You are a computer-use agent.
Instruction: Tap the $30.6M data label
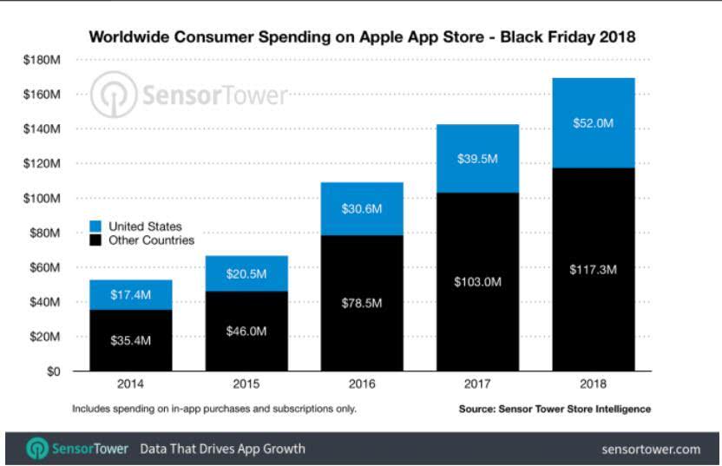(x=363, y=209)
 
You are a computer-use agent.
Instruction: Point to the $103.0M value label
(x=478, y=281)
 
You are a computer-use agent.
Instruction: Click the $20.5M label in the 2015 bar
(x=247, y=274)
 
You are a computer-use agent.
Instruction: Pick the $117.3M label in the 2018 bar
(x=594, y=269)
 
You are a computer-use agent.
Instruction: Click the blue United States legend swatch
(x=95, y=226)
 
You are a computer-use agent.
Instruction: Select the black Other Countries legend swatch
(x=95, y=240)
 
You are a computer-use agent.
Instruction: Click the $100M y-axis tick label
(x=42, y=199)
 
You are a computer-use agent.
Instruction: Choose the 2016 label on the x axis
(x=363, y=384)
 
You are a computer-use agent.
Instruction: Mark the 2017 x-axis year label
(x=478, y=384)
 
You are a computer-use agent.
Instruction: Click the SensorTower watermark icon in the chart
(x=114, y=95)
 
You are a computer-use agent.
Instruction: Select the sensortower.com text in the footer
(x=650, y=450)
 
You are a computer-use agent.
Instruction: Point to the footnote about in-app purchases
(x=213, y=408)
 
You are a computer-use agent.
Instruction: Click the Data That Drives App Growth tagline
(x=222, y=449)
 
